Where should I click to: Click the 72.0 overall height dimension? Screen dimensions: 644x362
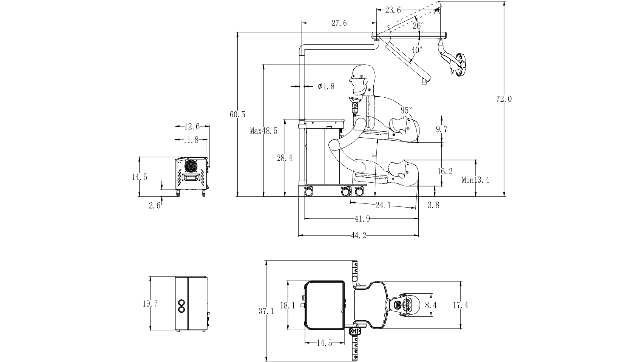[504, 99]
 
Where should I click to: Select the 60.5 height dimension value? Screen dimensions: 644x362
[237, 114]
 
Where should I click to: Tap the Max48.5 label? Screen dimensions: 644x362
[263, 131]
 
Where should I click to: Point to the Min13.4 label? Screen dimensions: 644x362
[476, 180]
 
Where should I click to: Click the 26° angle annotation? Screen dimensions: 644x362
[418, 25]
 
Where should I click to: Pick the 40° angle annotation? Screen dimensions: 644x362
[417, 50]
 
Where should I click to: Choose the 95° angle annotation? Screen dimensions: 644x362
[406, 110]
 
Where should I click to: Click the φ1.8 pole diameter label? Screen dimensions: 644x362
[326, 86]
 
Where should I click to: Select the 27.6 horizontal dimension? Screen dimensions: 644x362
[339, 23]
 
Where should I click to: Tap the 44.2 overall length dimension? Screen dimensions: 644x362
[359, 236]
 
